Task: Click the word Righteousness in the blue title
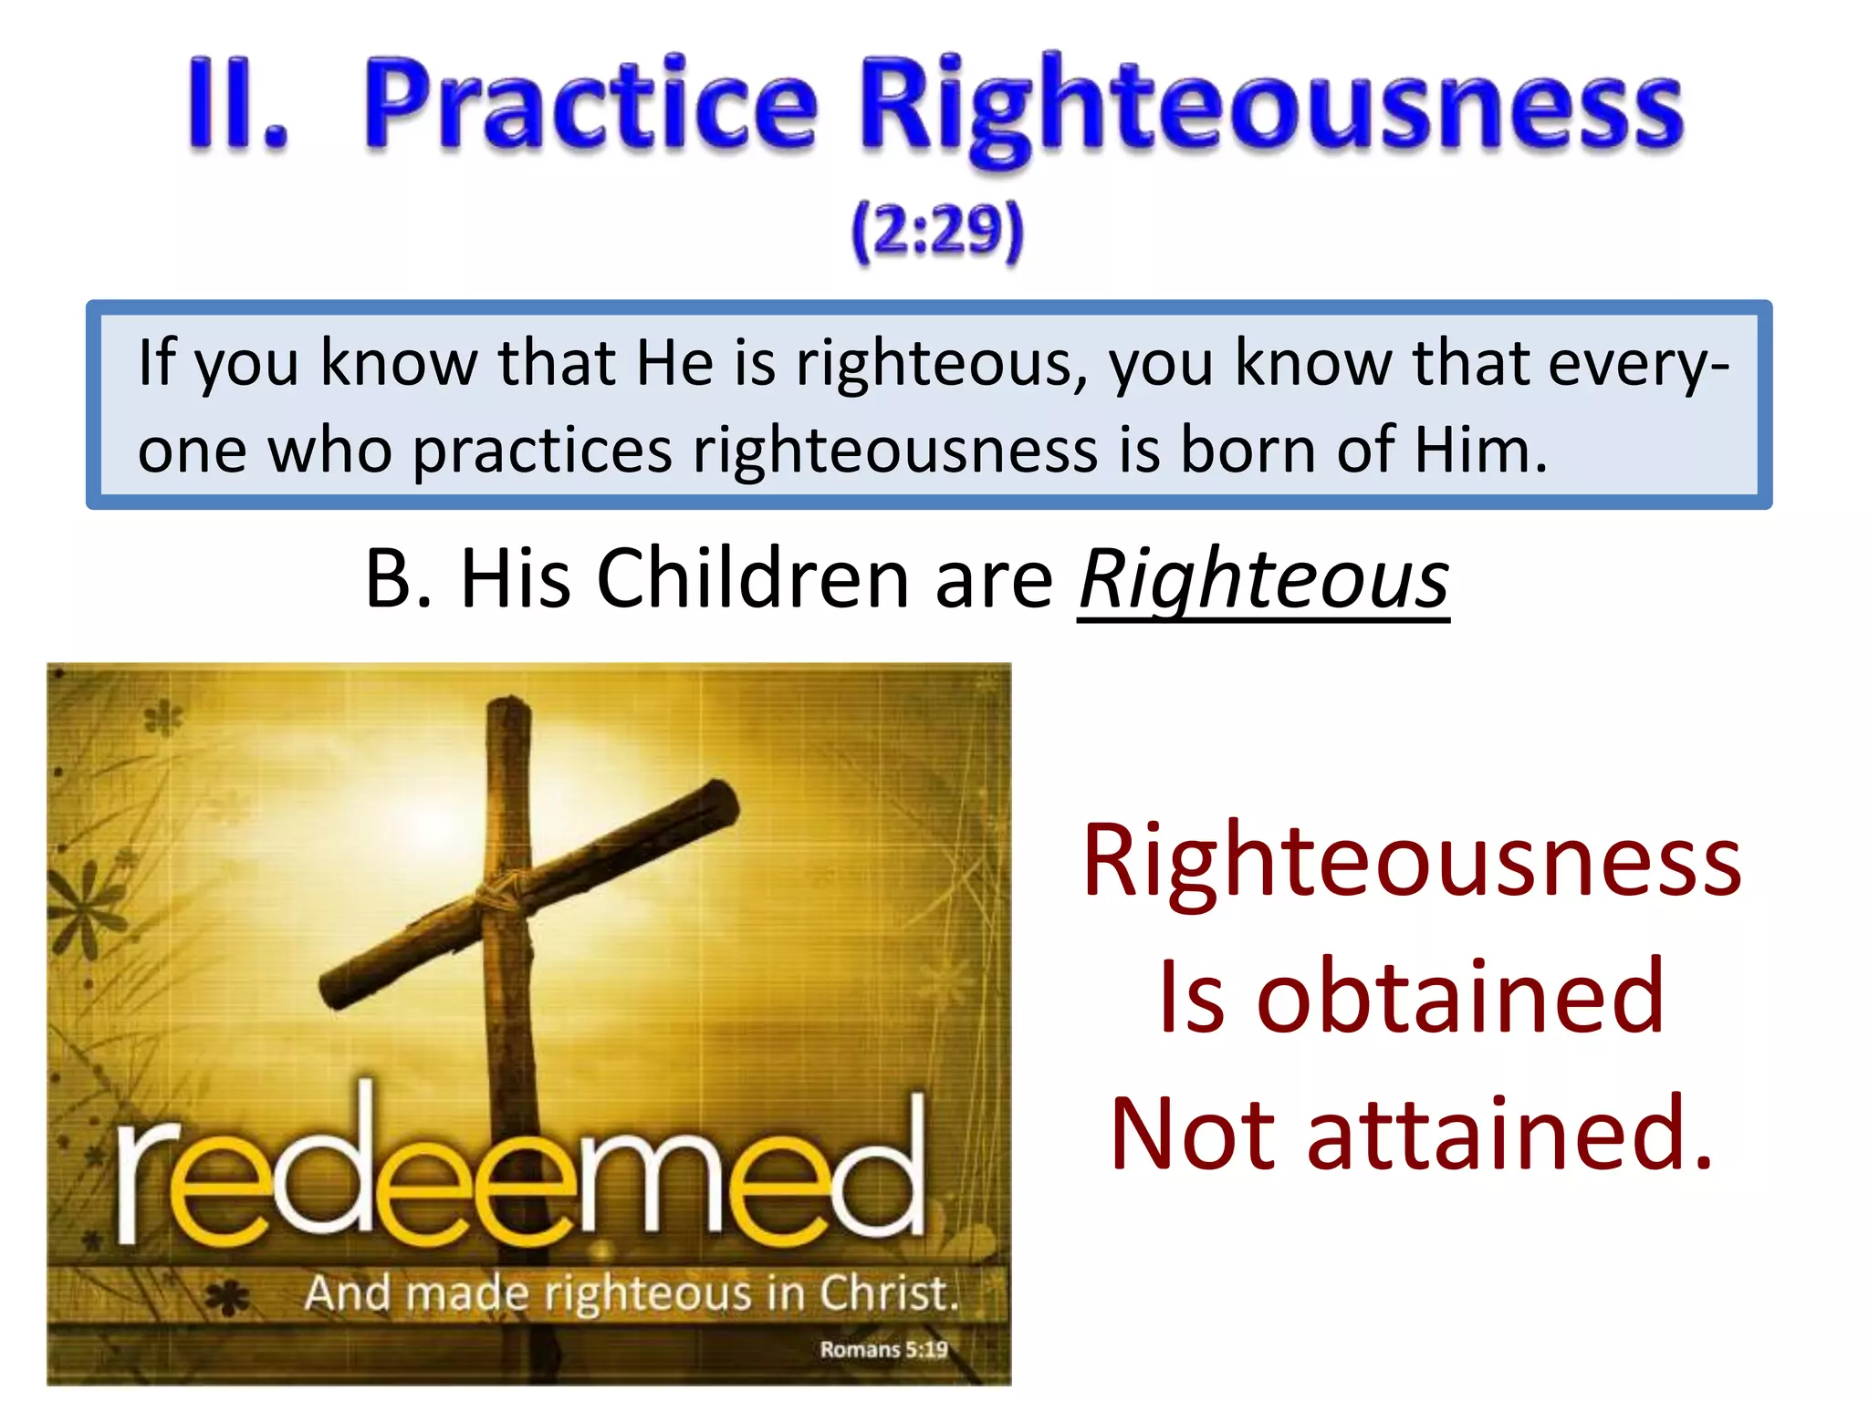[x=1271, y=108]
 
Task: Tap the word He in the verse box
[x=674, y=363]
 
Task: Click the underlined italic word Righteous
[x=1264, y=581]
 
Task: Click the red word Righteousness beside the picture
[x=1411, y=862]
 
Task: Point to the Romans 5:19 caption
[x=882, y=1349]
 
